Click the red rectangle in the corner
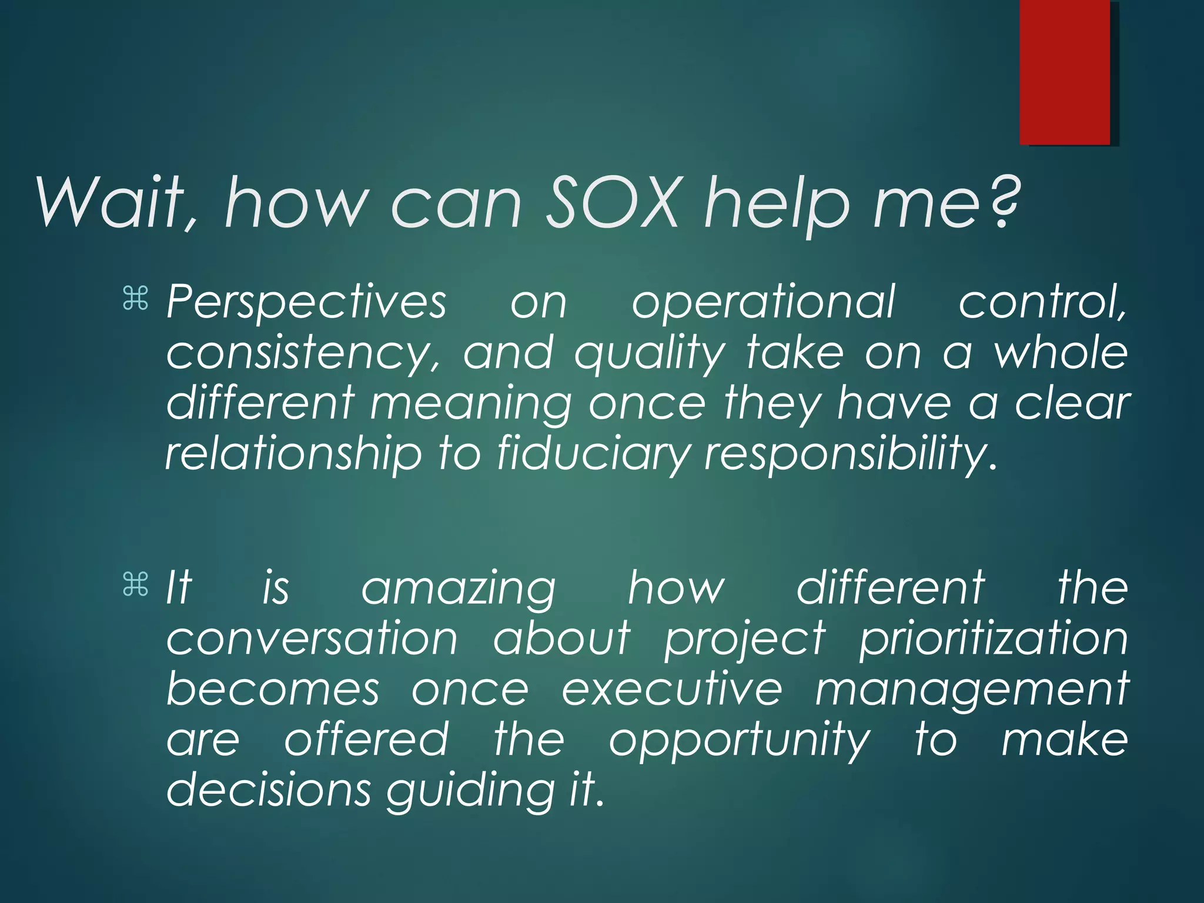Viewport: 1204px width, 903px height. pos(1065,72)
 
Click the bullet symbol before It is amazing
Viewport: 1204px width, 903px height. pos(135,585)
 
